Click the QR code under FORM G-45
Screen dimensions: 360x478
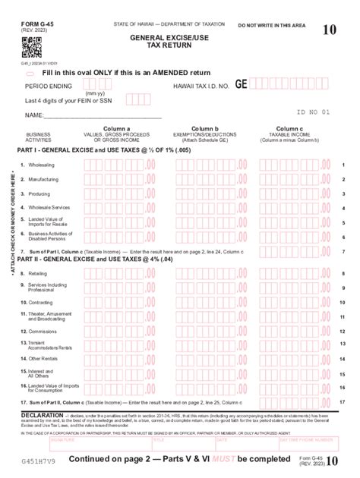(31, 47)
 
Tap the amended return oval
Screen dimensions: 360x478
(30, 73)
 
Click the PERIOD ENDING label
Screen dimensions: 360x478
(49, 86)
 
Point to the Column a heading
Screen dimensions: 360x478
(116, 129)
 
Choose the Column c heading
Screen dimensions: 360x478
(289, 129)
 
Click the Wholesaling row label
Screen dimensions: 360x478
(41, 164)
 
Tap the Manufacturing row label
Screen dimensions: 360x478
(43, 179)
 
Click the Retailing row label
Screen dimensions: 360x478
(38, 273)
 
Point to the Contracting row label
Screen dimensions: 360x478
(41, 301)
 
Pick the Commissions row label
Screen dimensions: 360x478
(43, 331)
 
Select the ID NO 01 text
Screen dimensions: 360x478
(313, 112)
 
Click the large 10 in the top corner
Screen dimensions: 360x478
(329, 30)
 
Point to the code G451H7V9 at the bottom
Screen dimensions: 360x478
(38, 461)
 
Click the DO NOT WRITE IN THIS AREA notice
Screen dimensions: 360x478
(271, 25)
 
